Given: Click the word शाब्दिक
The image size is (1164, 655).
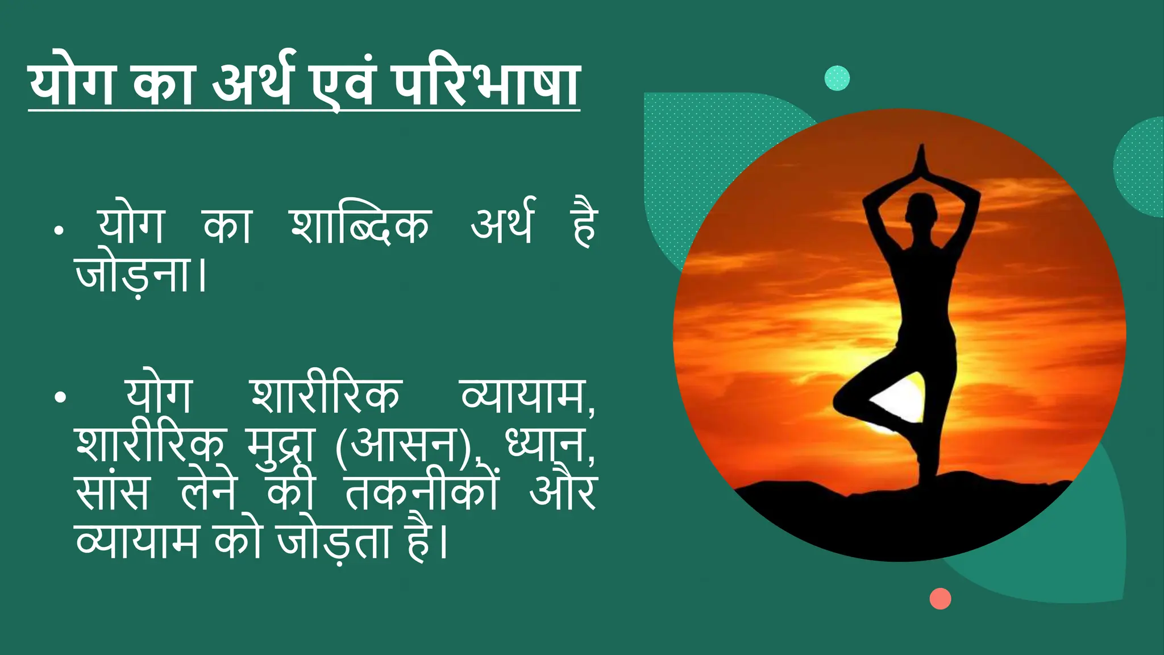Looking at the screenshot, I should (360, 226).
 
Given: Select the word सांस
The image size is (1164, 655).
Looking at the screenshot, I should (112, 492).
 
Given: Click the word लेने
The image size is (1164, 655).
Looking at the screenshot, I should (208, 492).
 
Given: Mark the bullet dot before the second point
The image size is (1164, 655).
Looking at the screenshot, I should (60, 397).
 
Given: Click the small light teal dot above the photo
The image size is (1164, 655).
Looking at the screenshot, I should (837, 78).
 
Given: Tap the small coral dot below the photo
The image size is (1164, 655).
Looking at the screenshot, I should (940, 599).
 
